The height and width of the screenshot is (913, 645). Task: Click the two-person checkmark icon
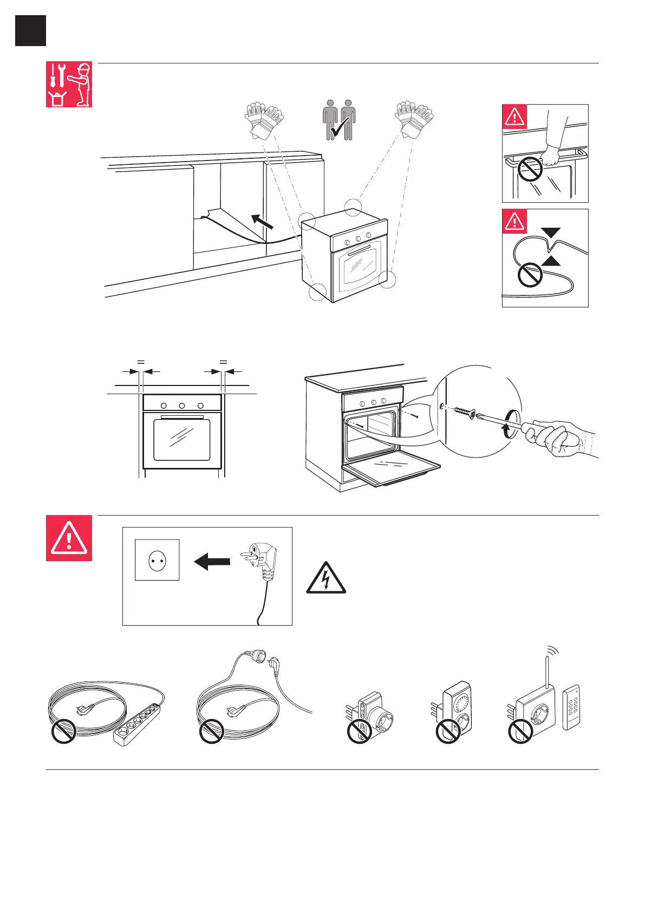pyautogui.click(x=340, y=120)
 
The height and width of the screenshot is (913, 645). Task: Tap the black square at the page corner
pyautogui.click(x=30, y=30)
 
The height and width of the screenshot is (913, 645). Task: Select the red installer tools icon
pyautogui.click(x=69, y=84)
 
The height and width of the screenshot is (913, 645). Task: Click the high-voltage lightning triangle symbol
pyautogui.click(x=325, y=579)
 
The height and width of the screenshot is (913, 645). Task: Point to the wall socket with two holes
pyautogui.click(x=157, y=560)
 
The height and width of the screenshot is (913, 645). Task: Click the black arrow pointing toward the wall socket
pyautogui.click(x=212, y=562)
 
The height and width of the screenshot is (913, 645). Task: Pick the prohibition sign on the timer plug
pyautogui.click(x=448, y=732)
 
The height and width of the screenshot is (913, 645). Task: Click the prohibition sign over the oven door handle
pyautogui.click(x=530, y=170)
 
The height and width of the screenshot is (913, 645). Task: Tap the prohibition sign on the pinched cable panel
pyautogui.click(x=530, y=275)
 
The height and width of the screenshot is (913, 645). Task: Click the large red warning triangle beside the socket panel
pyautogui.click(x=69, y=538)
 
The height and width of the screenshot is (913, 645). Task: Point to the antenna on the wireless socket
pyautogui.click(x=547, y=674)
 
